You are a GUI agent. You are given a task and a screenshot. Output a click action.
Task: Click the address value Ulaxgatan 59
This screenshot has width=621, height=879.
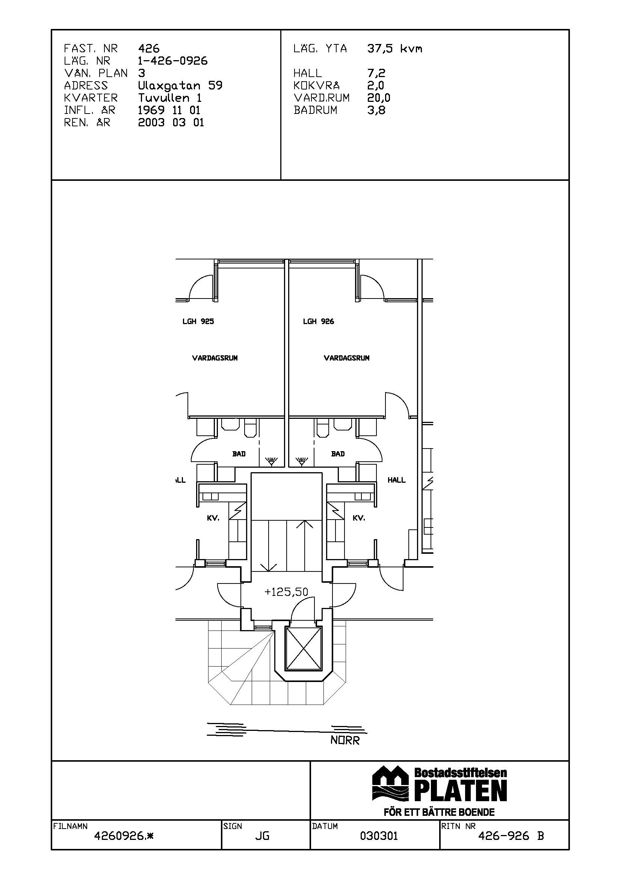[180, 85]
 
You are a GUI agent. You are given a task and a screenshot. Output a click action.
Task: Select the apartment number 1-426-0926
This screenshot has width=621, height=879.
[173, 61]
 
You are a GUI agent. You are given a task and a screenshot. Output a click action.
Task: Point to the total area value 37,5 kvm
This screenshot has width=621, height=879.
[395, 48]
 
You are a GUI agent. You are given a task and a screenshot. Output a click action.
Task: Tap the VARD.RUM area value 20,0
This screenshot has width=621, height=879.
[379, 98]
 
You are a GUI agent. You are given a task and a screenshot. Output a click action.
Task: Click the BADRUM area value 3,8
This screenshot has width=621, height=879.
[376, 110]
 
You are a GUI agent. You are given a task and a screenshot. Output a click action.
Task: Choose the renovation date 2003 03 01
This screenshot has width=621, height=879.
[171, 123]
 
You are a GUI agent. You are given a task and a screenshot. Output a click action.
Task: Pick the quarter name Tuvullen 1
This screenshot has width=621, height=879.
[170, 98]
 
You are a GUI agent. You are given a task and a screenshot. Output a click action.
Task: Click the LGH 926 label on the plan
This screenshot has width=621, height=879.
[318, 321]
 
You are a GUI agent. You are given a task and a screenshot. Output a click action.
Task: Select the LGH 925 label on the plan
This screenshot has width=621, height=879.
[198, 321]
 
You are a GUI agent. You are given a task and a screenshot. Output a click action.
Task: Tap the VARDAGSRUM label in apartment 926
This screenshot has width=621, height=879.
[347, 358]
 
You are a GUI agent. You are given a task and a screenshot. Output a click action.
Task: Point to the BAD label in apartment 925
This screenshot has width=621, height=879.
[239, 454]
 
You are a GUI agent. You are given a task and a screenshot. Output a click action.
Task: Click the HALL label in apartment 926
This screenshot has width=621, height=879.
[396, 480]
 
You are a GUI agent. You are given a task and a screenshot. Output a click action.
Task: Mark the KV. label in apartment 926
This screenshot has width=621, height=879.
[359, 518]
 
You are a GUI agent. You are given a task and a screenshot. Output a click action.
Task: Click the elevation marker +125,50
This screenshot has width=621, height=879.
[286, 592]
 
